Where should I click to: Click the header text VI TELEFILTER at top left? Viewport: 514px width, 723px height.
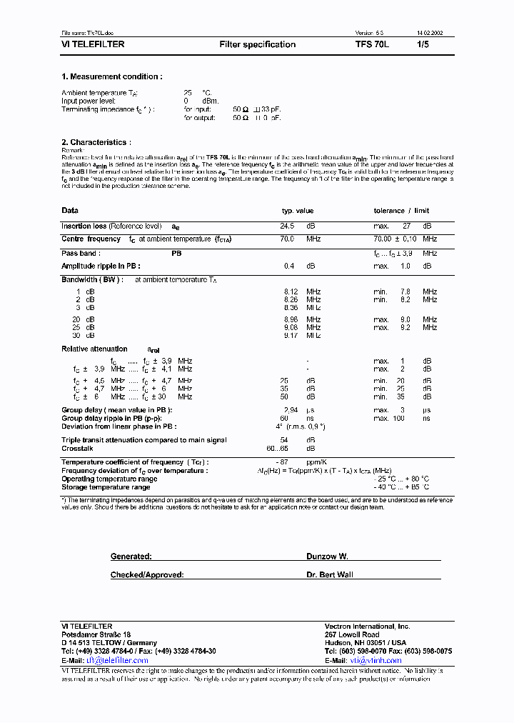(93, 44)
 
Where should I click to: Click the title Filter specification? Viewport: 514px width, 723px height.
(257, 44)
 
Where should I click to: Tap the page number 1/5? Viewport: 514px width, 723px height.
(423, 44)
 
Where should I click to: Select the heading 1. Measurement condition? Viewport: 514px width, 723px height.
(111, 76)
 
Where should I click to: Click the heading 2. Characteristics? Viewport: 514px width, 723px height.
(96, 142)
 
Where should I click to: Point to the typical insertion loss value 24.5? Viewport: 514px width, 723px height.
(288, 226)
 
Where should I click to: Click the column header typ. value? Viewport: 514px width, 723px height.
(298, 211)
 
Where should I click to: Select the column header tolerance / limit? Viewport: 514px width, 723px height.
(401, 211)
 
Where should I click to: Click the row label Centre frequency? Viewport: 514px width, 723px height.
(91, 239)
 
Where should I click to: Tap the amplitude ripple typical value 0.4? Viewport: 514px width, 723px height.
(289, 266)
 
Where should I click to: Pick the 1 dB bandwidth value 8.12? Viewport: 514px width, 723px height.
(291, 292)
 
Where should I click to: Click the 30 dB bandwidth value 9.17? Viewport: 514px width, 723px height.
(291, 335)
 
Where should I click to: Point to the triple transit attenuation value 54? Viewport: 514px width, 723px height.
(284, 440)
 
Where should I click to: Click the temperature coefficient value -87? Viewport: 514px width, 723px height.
(287, 463)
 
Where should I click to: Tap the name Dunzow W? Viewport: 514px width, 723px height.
(326, 556)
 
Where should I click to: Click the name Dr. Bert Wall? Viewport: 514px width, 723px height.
(329, 574)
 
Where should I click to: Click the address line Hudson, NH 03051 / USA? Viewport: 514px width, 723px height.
(366, 643)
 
